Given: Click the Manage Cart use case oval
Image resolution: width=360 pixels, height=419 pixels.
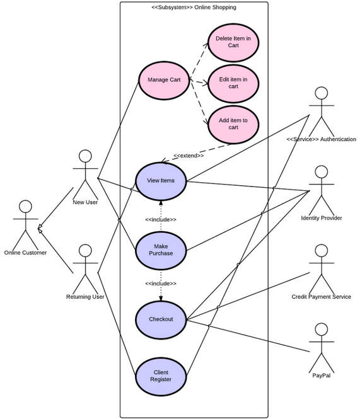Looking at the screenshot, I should (x=163, y=80).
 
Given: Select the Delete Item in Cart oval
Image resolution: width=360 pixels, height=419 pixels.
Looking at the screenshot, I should (x=233, y=42).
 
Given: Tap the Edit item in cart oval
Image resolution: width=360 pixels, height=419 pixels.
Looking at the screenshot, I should (x=233, y=83).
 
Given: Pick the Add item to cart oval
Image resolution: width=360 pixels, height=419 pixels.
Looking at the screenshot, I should (x=233, y=123).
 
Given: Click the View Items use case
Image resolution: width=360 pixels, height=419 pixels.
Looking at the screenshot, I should (x=161, y=181).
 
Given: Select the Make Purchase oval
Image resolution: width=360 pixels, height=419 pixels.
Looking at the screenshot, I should (x=161, y=249).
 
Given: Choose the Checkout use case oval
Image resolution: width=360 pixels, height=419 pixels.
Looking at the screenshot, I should (x=161, y=319).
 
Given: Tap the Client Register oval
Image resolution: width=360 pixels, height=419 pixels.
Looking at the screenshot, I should (x=161, y=376).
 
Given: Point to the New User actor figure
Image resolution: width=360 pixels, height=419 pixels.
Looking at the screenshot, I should (x=85, y=173).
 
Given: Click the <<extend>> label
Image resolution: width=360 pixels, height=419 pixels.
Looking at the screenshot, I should (x=189, y=155).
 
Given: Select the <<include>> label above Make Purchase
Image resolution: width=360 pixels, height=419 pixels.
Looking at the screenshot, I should (x=161, y=219).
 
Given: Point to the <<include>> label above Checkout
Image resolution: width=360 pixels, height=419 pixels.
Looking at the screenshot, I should (x=161, y=284).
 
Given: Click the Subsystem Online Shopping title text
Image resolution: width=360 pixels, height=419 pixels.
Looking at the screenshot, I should (x=194, y=8).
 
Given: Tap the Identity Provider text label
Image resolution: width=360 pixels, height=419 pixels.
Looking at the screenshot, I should (x=322, y=218).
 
